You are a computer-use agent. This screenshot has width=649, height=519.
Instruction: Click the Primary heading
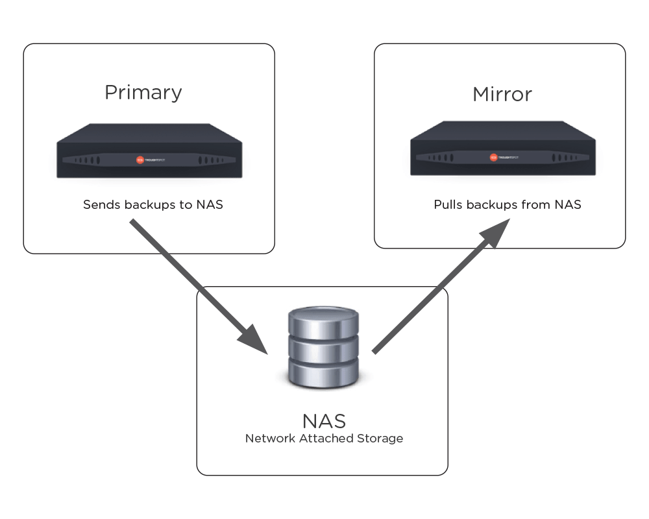[143, 93]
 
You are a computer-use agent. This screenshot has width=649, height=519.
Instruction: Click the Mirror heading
[502, 95]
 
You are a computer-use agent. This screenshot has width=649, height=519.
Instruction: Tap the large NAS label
[324, 420]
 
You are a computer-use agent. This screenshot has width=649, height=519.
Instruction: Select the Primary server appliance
[149, 151]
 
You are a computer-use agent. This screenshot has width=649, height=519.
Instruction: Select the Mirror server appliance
[502, 149]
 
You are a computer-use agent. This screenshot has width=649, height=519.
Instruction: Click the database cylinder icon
[324, 348]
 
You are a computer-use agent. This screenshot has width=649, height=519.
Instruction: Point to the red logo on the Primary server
[139, 160]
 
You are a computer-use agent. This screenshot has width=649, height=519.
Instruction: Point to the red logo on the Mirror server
[493, 157]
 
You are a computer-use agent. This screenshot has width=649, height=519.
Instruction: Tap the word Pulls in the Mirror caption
[447, 205]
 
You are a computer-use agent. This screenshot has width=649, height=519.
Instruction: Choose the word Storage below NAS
[380, 439]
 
